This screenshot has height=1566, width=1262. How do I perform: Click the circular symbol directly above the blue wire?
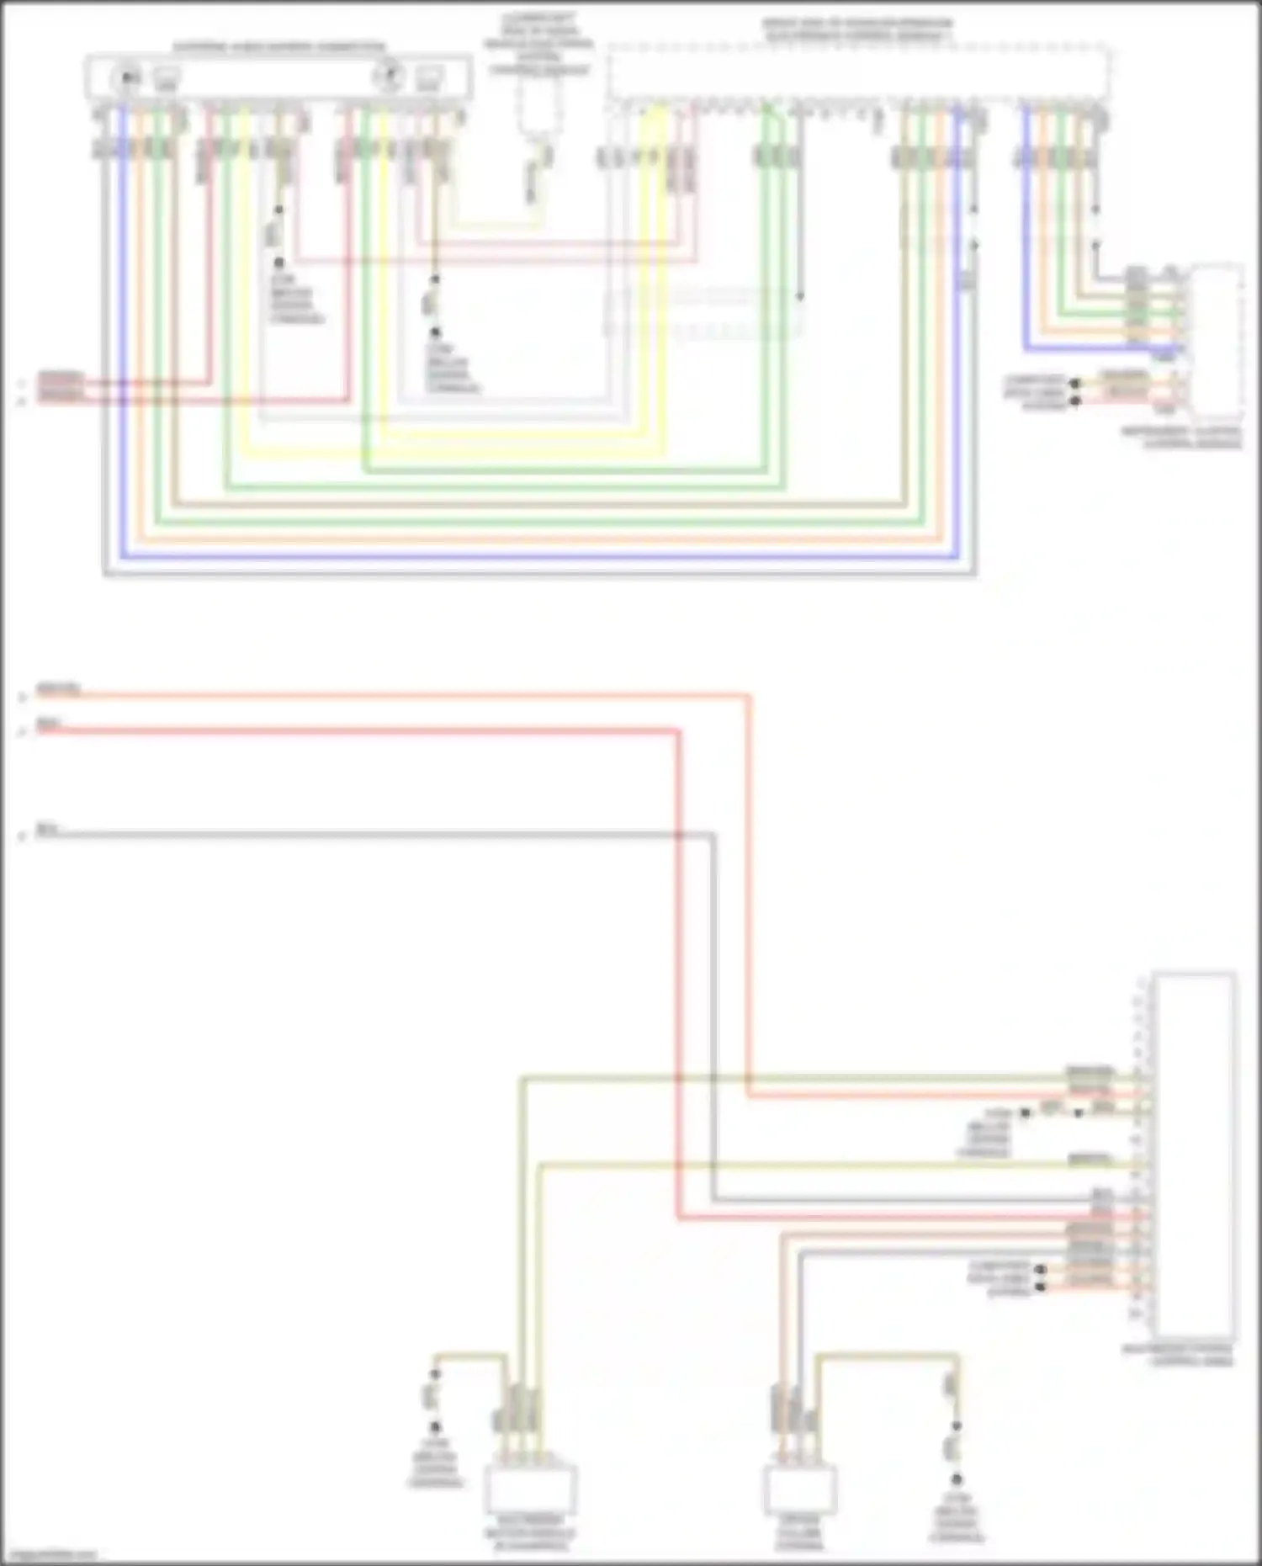click(x=127, y=78)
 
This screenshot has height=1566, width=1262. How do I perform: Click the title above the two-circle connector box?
click(x=279, y=47)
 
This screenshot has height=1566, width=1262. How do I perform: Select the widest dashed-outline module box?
click(x=858, y=74)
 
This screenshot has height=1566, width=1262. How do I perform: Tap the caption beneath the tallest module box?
click(x=1178, y=1354)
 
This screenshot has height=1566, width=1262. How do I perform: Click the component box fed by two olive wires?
click(x=530, y=1489)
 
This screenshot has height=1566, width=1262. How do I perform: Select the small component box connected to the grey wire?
click(x=800, y=1489)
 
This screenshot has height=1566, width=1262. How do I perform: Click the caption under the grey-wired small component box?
click(x=799, y=1533)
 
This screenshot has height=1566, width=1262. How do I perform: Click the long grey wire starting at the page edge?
click(x=379, y=834)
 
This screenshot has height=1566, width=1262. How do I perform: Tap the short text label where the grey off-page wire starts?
click(x=47, y=830)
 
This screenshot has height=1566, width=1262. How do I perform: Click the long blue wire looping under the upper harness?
click(x=538, y=556)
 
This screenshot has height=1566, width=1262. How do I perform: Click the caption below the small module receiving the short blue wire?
click(x=1181, y=438)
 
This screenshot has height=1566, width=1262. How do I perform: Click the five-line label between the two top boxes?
click(x=538, y=44)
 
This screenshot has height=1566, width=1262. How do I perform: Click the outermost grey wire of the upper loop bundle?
click(x=538, y=575)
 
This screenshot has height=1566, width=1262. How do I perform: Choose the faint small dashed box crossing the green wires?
click(x=703, y=312)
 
